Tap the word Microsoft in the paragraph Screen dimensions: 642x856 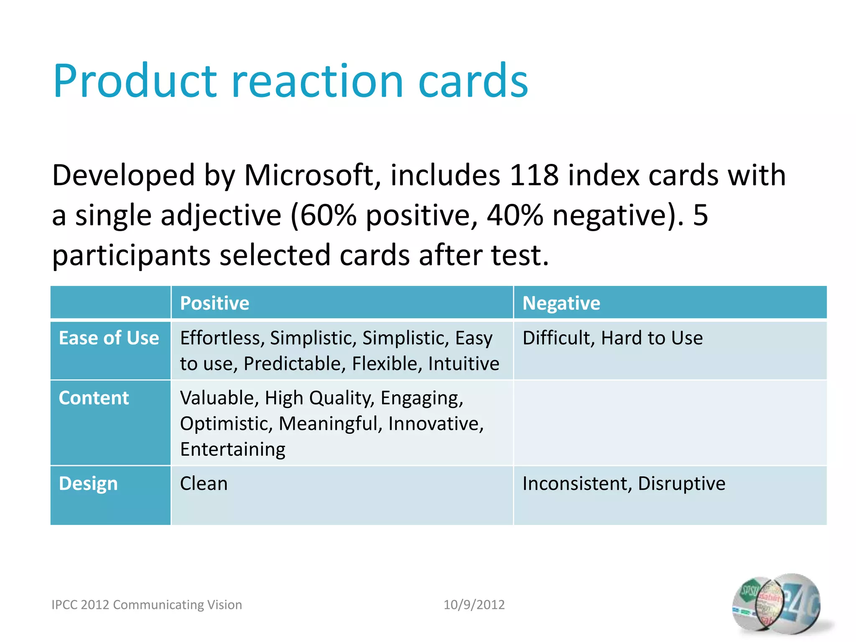pos(309,175)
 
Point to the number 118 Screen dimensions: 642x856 pos(534,175)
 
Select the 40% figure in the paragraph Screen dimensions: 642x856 pos(515,215)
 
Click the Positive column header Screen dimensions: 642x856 pos(214,303)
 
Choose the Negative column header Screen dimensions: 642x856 pos(561,303)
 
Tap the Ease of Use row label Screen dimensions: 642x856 pos(109,338)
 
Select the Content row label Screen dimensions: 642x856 pos(94,398)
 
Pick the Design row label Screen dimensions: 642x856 pos(88,484)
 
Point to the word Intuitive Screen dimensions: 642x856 pos(464,364)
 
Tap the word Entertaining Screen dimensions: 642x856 pos(233,449)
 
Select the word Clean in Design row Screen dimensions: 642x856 pos(204,484)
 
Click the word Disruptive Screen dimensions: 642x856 pos(681,484)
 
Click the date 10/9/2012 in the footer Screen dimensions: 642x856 pos(474,605)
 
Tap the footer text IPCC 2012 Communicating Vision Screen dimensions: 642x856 pos(147,605)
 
